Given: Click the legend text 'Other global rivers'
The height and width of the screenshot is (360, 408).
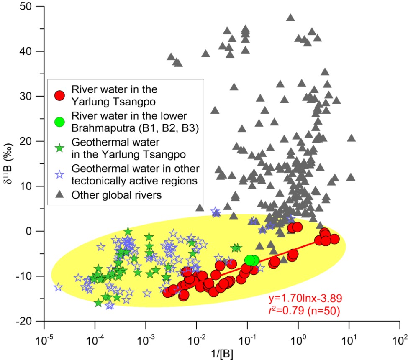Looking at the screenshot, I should point(110,195).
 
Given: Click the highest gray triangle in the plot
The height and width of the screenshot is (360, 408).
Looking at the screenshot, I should point(290,18).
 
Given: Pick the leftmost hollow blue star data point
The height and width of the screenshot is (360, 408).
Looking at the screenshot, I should point(58,287).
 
